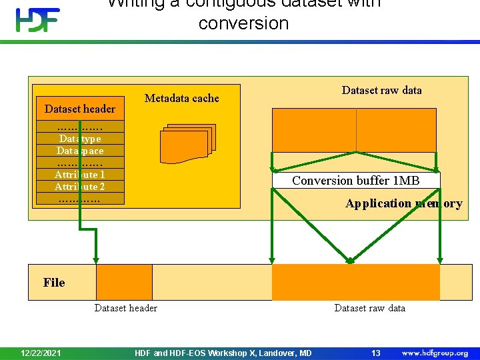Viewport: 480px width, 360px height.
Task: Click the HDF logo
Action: [38, 20]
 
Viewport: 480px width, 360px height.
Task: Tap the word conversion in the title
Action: [243, 23]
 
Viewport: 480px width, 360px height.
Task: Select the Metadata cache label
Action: [181, 99]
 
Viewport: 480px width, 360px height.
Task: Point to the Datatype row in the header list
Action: [80, 139]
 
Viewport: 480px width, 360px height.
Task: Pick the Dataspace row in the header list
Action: [80, 151]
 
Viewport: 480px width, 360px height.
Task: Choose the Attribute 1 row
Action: [80, 175]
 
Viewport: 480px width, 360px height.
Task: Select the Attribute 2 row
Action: [80, 187]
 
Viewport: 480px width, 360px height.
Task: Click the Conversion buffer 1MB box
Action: [356, 181]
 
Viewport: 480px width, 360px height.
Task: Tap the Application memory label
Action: [403, 203]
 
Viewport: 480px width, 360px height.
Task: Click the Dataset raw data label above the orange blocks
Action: [381, 90]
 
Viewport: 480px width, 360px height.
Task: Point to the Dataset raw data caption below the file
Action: [369, 307]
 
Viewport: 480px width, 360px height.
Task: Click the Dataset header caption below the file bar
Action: [126, 307]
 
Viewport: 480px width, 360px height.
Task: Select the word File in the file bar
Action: [54, 283]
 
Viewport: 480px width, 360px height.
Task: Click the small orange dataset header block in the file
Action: [124, 282]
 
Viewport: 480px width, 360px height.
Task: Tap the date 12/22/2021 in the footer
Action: [41, 353]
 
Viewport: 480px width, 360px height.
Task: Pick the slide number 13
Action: [375, 353]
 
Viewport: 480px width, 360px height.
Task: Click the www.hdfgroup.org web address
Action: [435, 353]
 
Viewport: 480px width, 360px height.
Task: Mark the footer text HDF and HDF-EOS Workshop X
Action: [223, 353]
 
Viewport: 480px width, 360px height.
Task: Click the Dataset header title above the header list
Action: [80, 109]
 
